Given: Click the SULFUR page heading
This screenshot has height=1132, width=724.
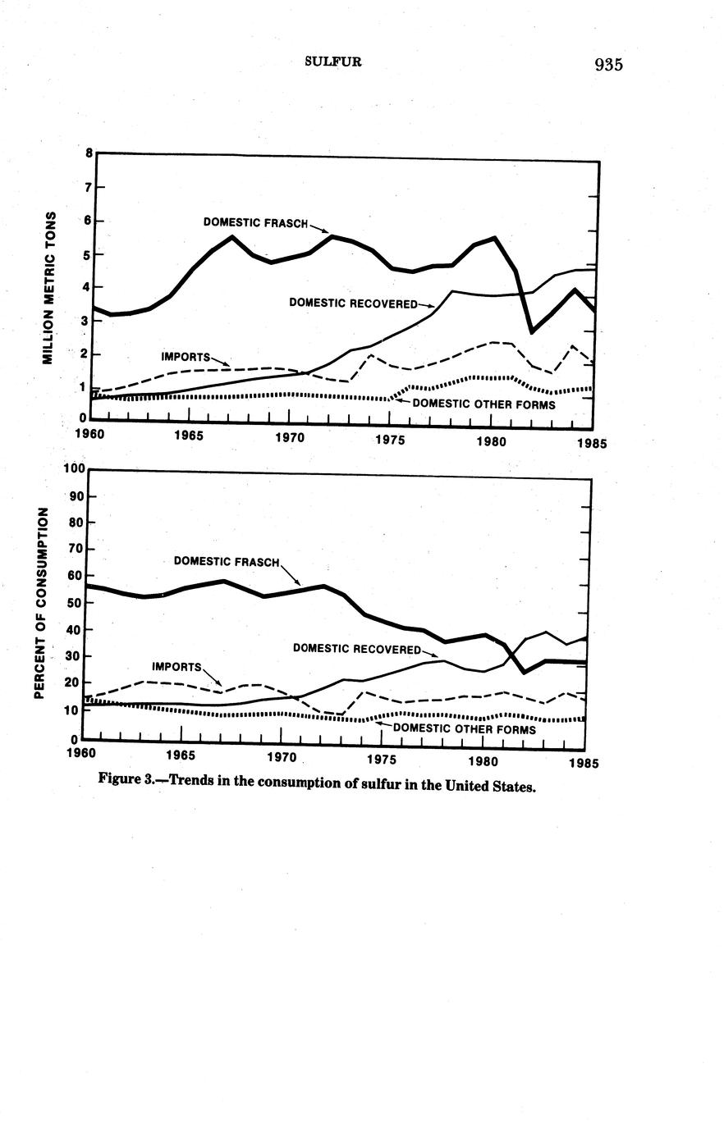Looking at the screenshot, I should (332, 62).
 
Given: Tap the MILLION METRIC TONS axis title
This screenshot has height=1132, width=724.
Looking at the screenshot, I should (50, 287).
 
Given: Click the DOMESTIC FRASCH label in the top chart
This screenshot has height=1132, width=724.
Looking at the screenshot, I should (255, 222).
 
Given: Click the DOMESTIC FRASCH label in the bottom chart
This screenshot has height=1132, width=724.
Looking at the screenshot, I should (227, 562).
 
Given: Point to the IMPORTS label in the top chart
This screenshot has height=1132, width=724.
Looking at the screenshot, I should (185, 358).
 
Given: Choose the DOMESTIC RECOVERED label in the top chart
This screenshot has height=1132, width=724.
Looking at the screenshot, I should (353, 304).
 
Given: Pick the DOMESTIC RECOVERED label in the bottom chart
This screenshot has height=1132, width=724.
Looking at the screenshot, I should (356, 649).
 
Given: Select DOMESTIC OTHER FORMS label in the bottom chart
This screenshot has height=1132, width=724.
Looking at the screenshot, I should (465, 728).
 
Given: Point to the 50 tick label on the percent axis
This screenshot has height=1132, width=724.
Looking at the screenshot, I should (76, 603).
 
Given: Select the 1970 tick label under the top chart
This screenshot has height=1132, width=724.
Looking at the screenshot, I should (289, 438).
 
